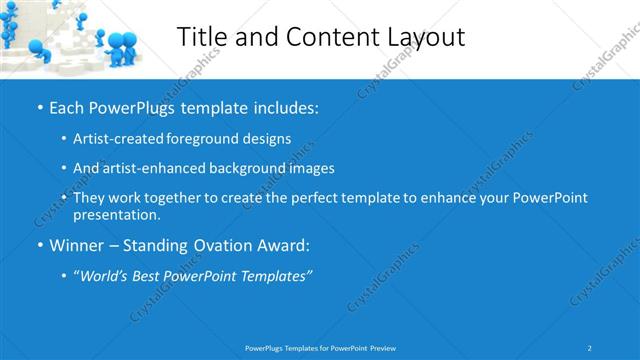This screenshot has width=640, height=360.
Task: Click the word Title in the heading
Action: (x=202, y=37)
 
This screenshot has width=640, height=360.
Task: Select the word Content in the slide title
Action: (x=322, y=37)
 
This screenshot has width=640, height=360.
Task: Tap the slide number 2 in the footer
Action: (x=590, y=347)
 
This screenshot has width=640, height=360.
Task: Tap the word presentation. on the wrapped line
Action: (x=115, y=214)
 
